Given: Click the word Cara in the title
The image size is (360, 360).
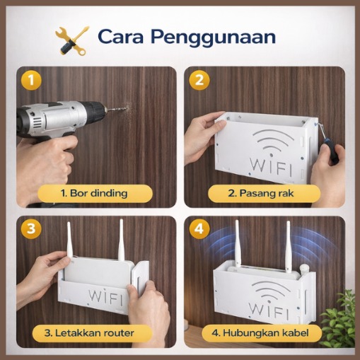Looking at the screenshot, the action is coord(120,37).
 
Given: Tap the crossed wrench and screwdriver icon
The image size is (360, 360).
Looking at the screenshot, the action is coord(72,40).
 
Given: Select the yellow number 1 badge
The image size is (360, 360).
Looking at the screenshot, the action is coord(31,80).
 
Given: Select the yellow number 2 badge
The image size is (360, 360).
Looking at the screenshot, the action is coord(199,80).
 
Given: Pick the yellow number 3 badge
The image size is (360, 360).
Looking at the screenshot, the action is coord(31,228).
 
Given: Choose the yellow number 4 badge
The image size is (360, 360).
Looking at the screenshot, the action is coord(199,228).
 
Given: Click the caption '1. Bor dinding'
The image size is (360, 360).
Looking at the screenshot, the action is coord(94,193).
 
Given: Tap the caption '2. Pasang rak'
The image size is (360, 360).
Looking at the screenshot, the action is coord(261,193).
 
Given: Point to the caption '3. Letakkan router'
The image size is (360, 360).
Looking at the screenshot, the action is coord(89,333).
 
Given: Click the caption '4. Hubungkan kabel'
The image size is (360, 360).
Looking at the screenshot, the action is coord(260,333).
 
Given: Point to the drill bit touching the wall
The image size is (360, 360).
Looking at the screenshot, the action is coord(117,109).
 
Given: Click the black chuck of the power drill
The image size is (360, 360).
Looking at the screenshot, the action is coord(94,111).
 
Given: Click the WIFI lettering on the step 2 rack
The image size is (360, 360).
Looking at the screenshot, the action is coord(271,167).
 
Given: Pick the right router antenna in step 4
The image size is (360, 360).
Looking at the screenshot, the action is coord(289,245).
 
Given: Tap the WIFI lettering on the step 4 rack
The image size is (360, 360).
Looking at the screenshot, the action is coord(269,310).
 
